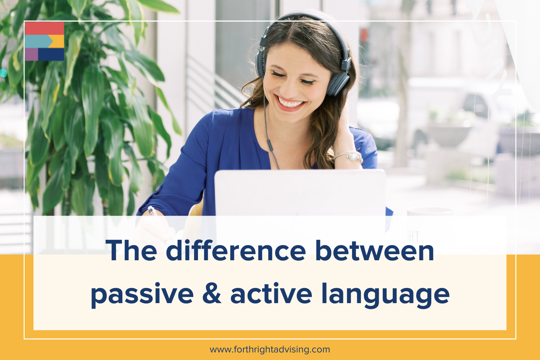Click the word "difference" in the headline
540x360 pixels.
[x=236, y=251]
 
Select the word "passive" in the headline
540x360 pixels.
[x=142, y=294]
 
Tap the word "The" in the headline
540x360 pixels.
[x=131, y=251]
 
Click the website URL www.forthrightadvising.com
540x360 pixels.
[x=270, y=349]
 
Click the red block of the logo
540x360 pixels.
[x=44, y=28]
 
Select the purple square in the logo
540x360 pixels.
[x=31, y=54]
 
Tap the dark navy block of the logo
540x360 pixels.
[x=51, y=54]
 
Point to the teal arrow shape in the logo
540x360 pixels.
[x=38, y=41]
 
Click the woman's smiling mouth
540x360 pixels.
[x=290, y=104]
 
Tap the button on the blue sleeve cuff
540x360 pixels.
[x=158, y=188]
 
